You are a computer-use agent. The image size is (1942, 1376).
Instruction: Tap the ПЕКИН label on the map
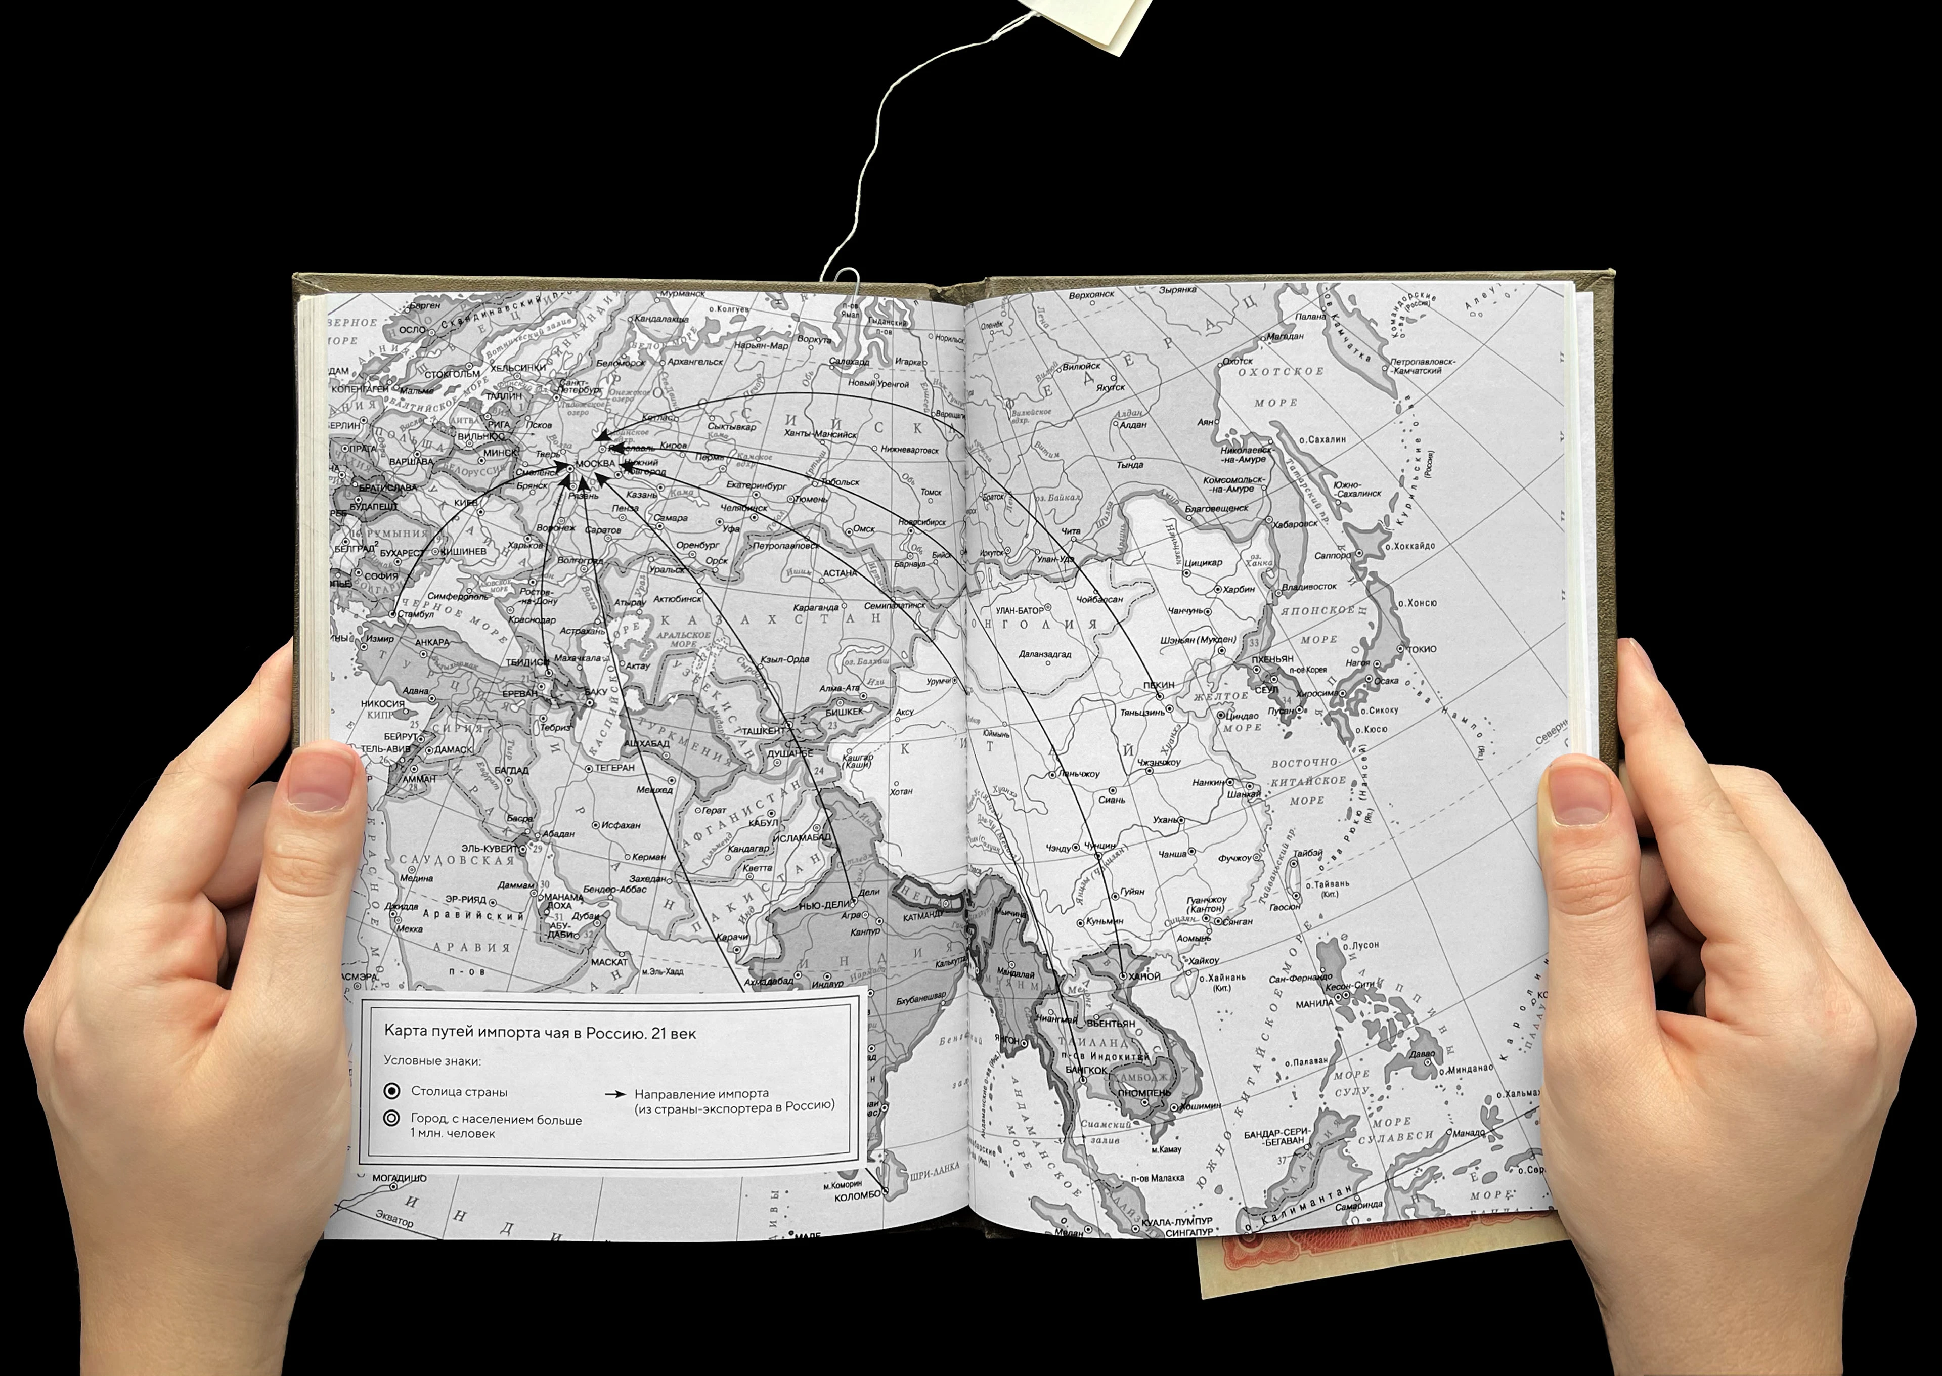1159,685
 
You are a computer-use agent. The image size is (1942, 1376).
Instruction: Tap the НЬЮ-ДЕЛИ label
823,904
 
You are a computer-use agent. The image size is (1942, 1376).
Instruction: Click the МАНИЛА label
1315,1004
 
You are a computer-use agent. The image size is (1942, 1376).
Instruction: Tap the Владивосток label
1309,586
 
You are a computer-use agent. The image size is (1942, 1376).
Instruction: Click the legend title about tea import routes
540,1033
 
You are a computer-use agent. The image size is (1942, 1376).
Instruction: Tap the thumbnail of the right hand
1580,790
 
